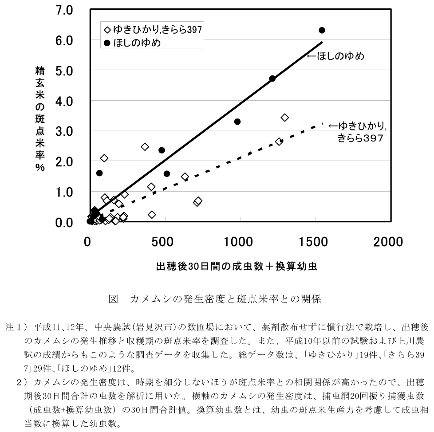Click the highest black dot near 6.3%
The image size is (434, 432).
[322, 30]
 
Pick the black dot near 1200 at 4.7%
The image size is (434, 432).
[272, 79]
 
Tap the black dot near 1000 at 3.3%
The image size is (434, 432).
[237, 122]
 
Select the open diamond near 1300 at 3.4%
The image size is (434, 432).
[285, 118]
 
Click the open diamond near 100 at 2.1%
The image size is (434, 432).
[104, 158]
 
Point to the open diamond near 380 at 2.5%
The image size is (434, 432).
[145, 147]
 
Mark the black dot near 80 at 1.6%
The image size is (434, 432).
[99, 173]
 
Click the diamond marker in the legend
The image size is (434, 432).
[107, 30]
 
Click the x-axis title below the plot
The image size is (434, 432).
[236, 267]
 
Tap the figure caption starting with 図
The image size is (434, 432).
[215, 299]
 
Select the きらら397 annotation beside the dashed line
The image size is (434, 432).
[360, 138]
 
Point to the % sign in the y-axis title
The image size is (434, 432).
[40, 169]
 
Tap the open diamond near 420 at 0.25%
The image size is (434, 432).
[152, 215]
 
